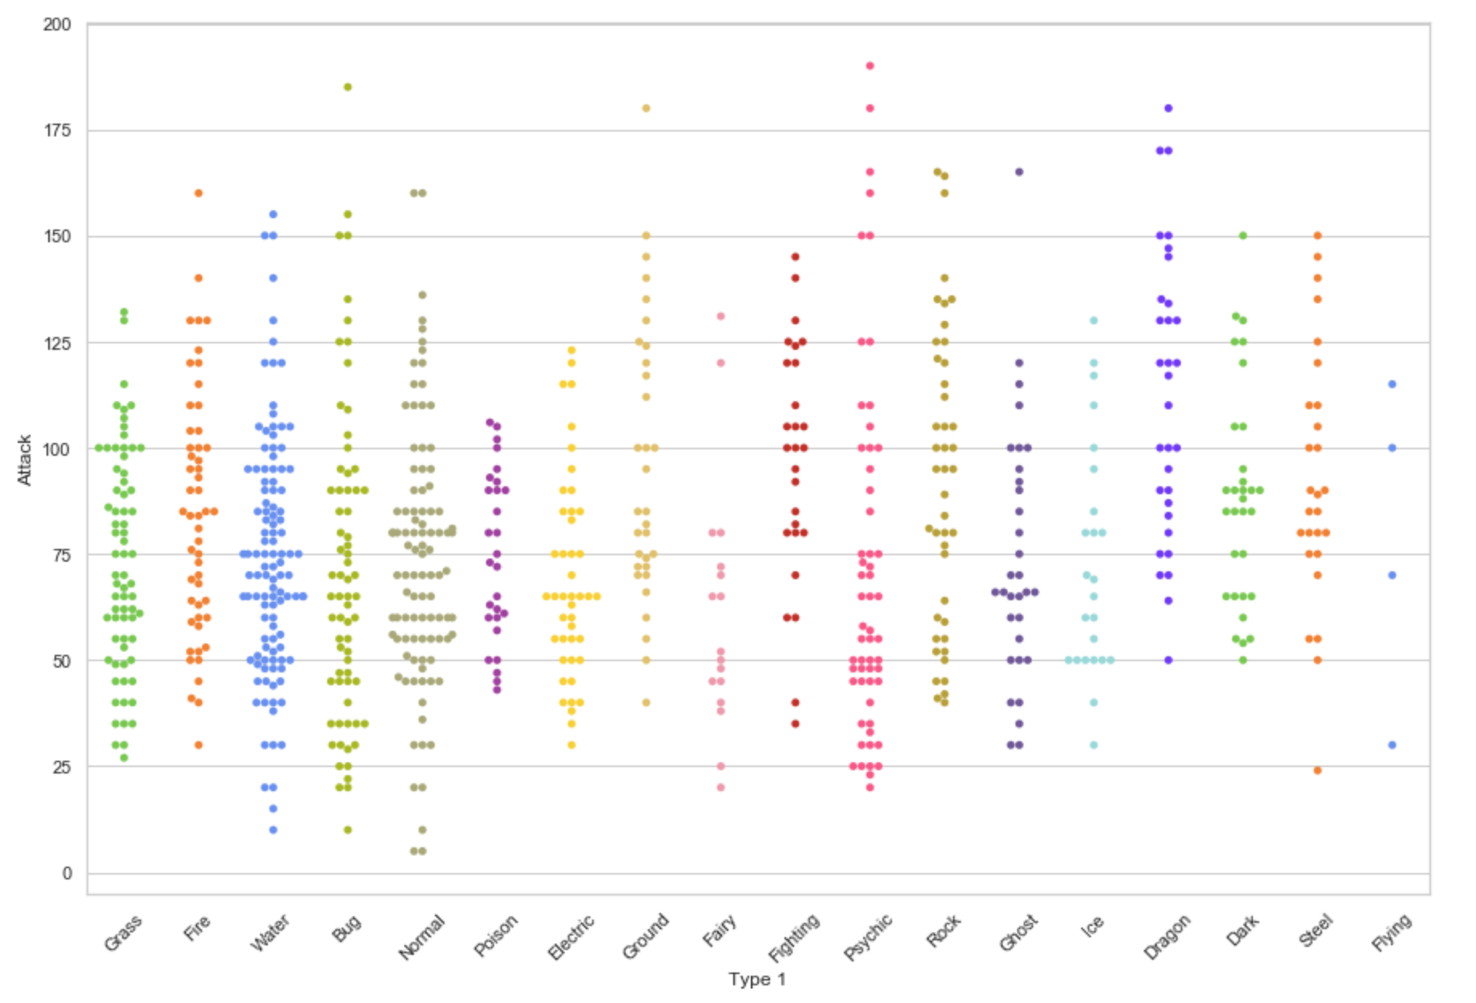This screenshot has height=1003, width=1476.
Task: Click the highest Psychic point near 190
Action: [x=870, y=66]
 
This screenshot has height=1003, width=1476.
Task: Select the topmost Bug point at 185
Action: [x=347, y=87]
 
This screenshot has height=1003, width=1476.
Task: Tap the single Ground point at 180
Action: [x=646, y=108]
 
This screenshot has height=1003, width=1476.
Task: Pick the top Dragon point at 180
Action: [x=1168, y=108]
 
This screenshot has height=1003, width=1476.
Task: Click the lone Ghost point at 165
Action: [x=1019, y=172]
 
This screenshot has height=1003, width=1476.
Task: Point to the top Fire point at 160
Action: [x=198, y=193]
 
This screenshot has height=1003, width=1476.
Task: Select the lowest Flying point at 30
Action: [x=1392, y=745]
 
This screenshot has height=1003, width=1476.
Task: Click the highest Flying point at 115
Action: [x=1392, y=384]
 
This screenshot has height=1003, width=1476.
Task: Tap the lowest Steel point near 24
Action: [x=1317, y=770]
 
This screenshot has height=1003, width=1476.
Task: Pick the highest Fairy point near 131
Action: [x=720, y=316]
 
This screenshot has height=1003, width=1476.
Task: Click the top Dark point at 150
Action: [x=1243, y=236]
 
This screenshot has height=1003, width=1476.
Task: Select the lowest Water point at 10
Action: [x=273, y=830]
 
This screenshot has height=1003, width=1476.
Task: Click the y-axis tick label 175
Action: [x=57, y=130]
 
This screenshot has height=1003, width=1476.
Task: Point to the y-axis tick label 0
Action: [x=67, y=873]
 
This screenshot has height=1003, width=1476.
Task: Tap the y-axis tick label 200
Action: [x=57, y=24]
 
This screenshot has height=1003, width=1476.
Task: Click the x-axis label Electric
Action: [x=571, y=936]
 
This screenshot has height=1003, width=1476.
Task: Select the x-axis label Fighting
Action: [x=794, y=937]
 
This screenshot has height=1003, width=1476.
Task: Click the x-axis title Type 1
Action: [x=756, y=979]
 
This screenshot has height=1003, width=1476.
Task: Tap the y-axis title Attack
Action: [x=24, y=460]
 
